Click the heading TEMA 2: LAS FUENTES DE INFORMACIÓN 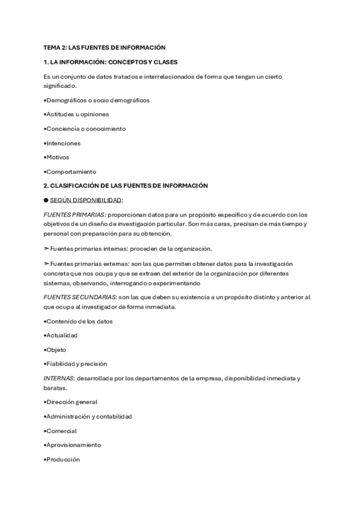click(105, 47)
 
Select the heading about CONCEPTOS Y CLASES click(111, 62)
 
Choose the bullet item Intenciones click(63, 143)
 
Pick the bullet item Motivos click(57, 158)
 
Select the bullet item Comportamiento click(70, 172)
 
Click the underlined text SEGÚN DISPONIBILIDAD click(87, 200)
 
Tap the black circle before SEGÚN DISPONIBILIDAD click(46, 200)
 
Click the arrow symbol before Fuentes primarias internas click(46, 248)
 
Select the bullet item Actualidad click(61, 335)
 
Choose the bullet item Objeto click(55, 349)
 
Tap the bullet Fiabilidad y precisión click(76, 364)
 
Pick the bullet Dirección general click(71, 402)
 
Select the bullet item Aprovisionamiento click(73, 445)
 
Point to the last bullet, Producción click(62, 459)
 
